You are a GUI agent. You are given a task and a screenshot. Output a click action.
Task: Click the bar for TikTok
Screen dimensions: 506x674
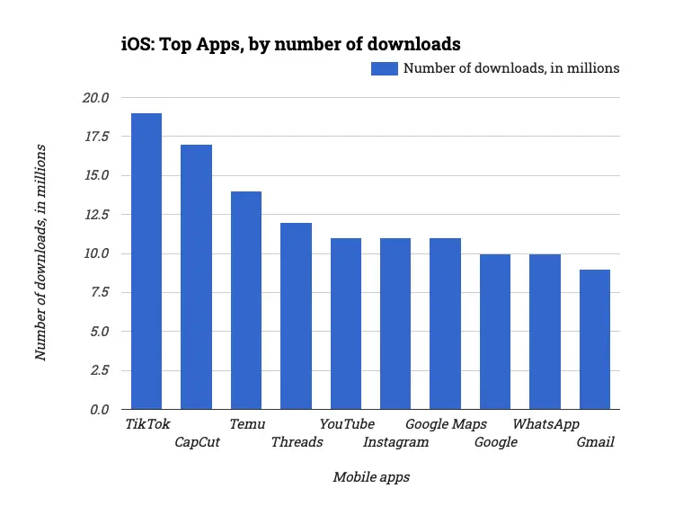tap(146, 261)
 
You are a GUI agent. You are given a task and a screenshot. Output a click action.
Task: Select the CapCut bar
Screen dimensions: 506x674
tap(196, 277)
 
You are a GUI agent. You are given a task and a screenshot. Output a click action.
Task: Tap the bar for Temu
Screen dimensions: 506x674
tap(246, 300)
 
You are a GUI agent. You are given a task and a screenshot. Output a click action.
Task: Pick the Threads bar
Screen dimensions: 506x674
tap(296, 315)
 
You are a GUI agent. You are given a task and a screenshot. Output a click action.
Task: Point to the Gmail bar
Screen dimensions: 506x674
tap(595, 339)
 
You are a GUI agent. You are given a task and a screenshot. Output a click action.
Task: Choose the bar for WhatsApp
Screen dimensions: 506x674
tap(545, 332)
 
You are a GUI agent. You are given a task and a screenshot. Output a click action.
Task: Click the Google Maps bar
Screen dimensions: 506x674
tap(445, 324)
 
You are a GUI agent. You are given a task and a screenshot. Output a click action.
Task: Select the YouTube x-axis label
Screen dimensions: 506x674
tap(347, 424)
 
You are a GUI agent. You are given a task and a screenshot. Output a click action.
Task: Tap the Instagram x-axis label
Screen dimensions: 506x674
tap(395, 442)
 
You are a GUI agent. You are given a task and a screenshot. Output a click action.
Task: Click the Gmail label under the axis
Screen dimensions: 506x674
tap(595, 442)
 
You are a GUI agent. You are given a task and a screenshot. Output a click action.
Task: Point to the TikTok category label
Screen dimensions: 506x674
tap(147, 424)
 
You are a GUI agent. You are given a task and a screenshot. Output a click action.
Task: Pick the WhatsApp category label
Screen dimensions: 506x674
tap(545, 424)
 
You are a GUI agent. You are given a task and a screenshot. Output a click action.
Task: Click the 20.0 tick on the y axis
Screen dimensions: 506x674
tap(95, 98)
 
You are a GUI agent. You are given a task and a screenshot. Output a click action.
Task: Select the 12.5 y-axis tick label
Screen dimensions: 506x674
tap(95, 215)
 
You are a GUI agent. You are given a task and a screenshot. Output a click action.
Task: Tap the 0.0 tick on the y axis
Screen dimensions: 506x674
tap(99, 410)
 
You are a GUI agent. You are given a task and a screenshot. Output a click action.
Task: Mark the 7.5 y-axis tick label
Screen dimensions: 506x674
tap(99, 293)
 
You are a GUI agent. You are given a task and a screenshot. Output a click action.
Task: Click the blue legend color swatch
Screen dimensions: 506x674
tap(385, 68)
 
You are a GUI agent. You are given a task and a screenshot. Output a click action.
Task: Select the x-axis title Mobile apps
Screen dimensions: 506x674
tap(371, 477)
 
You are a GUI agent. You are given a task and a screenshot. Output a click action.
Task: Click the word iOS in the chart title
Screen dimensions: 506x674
tap(136, 43)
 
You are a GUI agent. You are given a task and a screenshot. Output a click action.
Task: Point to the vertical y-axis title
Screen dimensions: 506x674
tap(40, 253)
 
